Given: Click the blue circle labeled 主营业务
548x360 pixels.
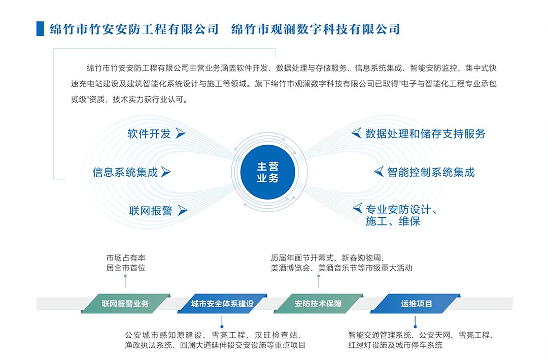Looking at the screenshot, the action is [268, 172].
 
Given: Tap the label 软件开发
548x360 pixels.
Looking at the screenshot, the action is [149, 134].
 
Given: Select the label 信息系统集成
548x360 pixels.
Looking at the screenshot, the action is [125, 172].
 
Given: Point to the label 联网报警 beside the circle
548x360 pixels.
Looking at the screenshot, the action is [151, 211].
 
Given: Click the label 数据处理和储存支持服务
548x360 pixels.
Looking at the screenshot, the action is [425, 134].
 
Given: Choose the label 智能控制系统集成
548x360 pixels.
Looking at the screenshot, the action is [431, 172].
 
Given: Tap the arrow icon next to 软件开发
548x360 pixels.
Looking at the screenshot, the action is [180, 134].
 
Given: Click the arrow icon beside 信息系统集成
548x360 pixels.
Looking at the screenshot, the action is [165, 172].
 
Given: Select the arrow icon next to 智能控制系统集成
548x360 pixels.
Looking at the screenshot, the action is [379, 172].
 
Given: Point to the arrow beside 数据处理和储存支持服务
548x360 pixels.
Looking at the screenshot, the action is [357, 133].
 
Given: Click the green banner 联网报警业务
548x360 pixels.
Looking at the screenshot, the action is [125, 303].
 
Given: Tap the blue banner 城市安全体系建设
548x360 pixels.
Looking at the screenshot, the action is [222, 303].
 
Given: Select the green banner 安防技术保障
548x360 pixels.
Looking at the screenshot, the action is [318, 303].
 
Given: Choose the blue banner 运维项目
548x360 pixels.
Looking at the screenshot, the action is [416, 303].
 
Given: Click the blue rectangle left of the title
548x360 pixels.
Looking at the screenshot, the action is [40, 28].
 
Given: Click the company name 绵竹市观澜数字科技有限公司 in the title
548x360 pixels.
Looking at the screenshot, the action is [316, 29].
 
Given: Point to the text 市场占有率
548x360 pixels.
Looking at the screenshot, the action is [126, 258].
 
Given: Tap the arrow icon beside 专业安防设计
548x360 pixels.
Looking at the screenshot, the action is [358, 208].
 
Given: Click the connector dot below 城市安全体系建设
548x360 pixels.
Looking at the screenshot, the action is [222, 327].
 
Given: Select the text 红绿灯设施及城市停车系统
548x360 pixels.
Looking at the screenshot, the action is [395, 345].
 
